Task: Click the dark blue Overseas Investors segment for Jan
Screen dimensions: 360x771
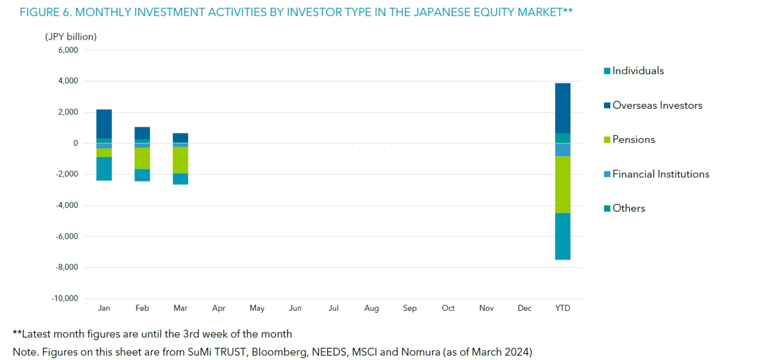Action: (104, 124)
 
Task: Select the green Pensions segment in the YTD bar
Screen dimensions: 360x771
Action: (563, 184)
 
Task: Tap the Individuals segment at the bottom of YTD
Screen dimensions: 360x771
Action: (563, 236)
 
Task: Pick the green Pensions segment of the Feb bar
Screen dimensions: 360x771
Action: (142, 158)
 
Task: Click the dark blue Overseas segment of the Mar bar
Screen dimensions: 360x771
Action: (180, 137)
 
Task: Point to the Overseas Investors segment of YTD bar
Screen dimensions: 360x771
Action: (563, 108)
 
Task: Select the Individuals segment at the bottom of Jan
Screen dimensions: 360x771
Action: (104, 169)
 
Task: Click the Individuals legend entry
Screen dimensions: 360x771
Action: (638, 71)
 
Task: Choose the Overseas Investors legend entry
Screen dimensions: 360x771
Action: (657, 105)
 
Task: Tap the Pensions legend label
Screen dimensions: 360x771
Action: (633, 140)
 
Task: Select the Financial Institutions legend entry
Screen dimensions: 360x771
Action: (661, 174)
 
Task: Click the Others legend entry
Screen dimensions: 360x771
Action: (628, 208)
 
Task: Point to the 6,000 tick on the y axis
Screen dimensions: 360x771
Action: (68, 50)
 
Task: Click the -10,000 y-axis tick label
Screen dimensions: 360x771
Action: (65, 298)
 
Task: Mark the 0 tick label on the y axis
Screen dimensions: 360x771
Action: (75, 143)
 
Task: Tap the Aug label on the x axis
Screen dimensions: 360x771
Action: (371, 308)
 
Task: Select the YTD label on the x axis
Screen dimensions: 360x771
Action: (563, 308)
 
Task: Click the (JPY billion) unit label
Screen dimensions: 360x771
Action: (71, 37)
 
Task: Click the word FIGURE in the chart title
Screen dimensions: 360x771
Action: (40, 12)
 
